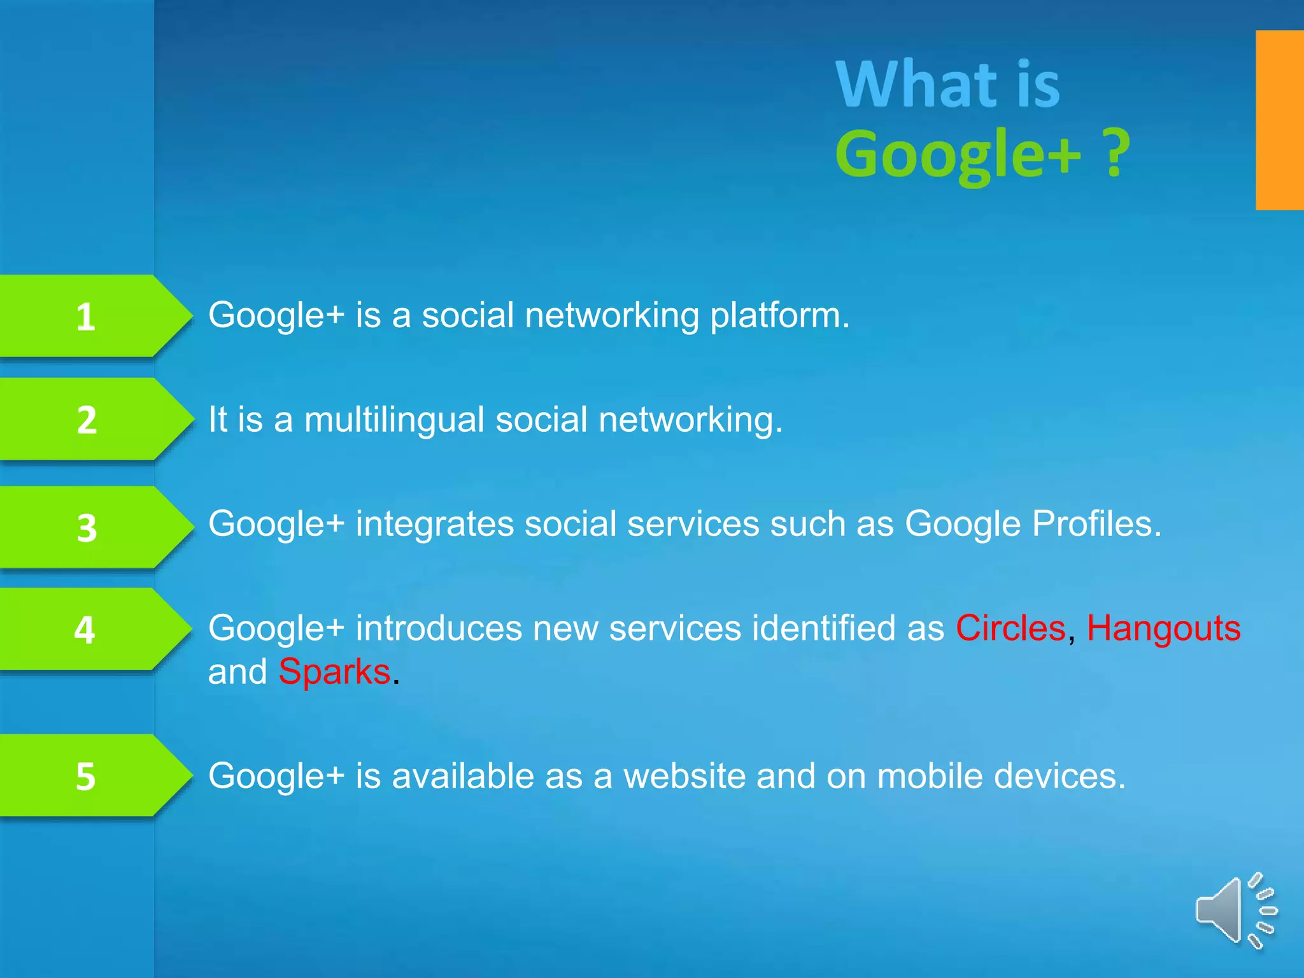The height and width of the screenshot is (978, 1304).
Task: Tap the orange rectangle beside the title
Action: pos(1279,120)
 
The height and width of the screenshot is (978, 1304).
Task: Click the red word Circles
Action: pos(1010,628)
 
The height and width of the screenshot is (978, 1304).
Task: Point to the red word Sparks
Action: pos(334,672)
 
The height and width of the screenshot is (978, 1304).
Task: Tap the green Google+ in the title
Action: pos(958,154)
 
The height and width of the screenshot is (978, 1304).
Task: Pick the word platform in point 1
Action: pos(779,316)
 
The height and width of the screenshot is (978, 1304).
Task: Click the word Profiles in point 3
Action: pos(1096,524)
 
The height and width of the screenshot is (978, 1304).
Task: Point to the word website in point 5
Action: pos(684,776)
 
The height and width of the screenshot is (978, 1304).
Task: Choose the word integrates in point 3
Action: pos(434,525)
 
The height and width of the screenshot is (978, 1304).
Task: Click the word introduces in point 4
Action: pos(439,628)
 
